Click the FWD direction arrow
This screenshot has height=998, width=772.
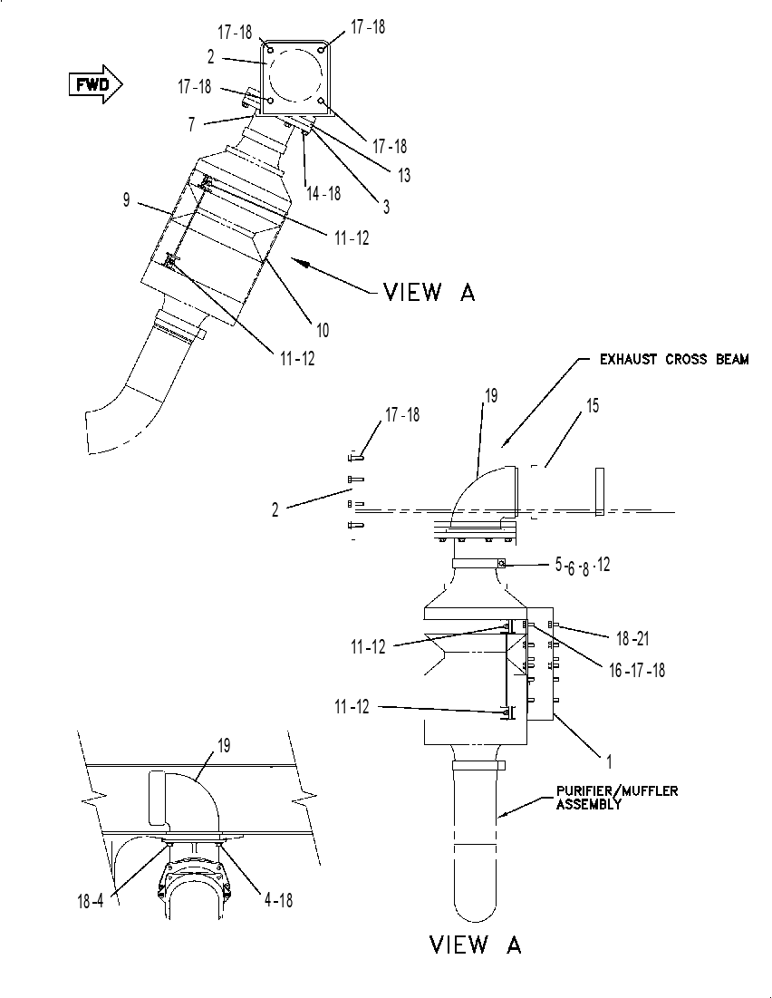(x=95, y=84)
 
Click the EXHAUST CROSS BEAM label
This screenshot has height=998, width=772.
(x=674, y=360)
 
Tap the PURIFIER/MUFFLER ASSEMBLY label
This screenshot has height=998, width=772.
(x=617, y=797)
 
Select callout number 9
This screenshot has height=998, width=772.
(x=127, y=199)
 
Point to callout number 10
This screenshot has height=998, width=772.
(x=323, y=330)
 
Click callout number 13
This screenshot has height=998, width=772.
(x=403, y=174)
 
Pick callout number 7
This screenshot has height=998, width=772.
(x=191, y=124)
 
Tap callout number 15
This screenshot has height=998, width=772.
(x=593, y=405)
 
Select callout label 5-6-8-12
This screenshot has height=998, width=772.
(x=582, y=566)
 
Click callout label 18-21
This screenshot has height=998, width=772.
(x=632, y=638)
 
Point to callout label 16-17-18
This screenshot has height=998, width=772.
(x=636, y=670)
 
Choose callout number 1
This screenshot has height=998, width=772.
(x=608, y=761)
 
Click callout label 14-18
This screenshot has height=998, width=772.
(x=323, y=193)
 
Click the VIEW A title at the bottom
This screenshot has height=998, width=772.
(x=476, y=944)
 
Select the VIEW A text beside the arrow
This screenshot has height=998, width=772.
(x=429, y=292)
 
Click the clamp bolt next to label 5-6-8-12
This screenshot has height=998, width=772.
(x=502, y=563)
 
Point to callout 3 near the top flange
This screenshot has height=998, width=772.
(x=386, y=207)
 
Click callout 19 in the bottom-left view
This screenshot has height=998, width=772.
(x=224, y=745)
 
